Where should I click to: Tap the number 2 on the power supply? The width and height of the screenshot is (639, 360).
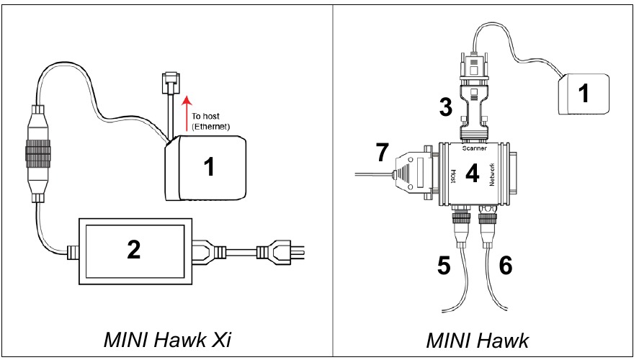click(x=134, y=250)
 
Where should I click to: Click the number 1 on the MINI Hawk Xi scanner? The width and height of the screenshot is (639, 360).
click(x=208, y=167)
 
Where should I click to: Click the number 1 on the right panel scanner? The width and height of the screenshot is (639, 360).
click(x=588, y=92)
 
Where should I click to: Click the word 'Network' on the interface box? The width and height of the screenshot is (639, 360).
click(x=492, y=175)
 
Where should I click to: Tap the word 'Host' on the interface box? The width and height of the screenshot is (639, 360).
click(x=452, y=175)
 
